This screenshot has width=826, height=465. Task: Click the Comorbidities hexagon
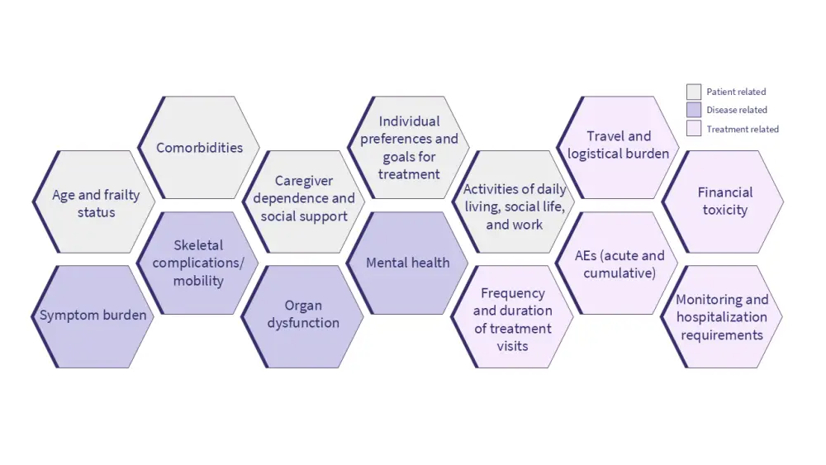pyautogui.click(x=199, y=148)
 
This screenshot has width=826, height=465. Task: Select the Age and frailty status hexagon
pyautogui.click(x=95, y=203)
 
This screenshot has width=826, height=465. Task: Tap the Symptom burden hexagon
pyautogui.click(x=93, y=316)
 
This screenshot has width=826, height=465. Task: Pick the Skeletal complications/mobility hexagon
pyautogui.click(x=198, y=263)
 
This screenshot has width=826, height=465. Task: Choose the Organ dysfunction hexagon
pyautogui.click(x=303, y=315)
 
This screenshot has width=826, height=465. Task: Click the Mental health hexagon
pyautogui.click(x=408, y=263)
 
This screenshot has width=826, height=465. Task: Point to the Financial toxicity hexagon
pyautogui.click(x=724, y=202)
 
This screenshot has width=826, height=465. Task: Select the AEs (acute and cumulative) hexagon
pyautogui.click(x=619, y=263)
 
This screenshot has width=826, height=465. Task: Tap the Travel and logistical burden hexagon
pyautogui.click(x=619, y=145)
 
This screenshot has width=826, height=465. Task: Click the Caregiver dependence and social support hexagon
pyautogui.click(x=304, y=199)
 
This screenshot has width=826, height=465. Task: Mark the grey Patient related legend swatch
pyautogui.click(x=694, y=92)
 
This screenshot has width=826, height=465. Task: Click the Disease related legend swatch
pyautogui.click(x=694, y=110)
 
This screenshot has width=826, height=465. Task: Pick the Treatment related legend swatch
pyautogui.click(x=694, y=129)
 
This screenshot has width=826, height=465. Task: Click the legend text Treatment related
pyautogui.click(x=743, y=129)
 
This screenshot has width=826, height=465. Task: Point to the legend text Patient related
pyautogui.click(x=736, y=92)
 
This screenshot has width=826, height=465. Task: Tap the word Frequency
pyautogui.click(x=513, y=293)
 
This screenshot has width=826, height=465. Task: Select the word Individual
pyautogui.click(x=409, y=121)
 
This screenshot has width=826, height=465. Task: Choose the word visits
pyautogui.click(x=513, y=346)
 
